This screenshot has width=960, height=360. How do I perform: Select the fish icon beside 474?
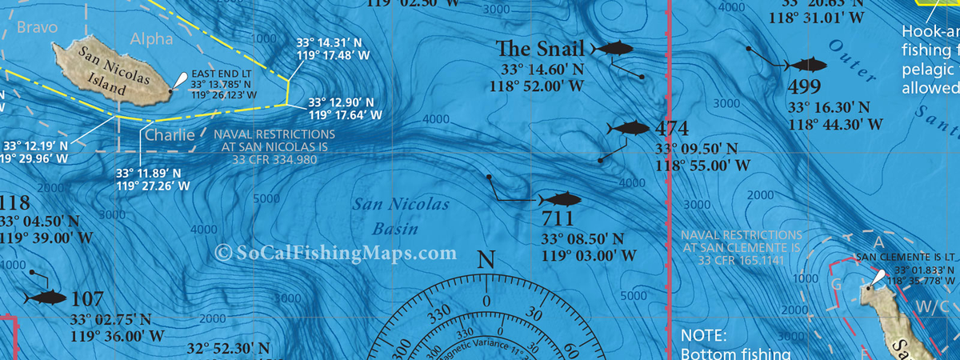click(630, 129)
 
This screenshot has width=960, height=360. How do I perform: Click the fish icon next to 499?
click(806, 63)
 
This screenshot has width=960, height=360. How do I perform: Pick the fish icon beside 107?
click(45, 298)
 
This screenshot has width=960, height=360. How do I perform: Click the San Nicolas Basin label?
click(401, 217)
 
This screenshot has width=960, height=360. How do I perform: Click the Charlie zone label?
click(170, 135)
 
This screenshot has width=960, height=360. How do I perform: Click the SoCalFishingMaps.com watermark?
click(336, 253)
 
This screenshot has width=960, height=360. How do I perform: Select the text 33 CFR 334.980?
click(274, 159)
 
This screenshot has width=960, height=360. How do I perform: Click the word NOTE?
click(702, 335)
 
